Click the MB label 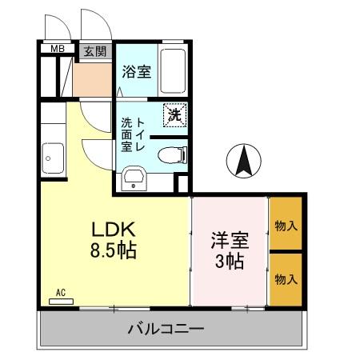58,50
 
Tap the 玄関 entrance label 95,50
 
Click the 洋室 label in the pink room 228,239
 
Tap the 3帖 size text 228,261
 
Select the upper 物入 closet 286,226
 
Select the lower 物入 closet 286,278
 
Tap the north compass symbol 244,162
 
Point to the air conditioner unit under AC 62,302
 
